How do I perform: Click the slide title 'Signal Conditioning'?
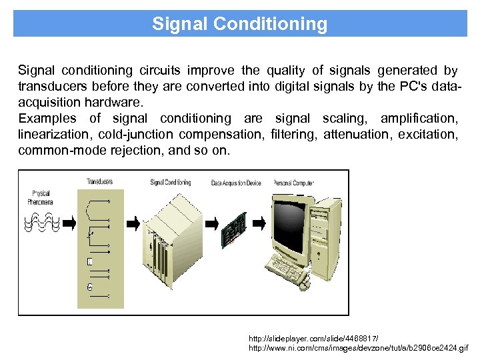coord(240,25)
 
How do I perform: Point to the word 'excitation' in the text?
coord(427,135)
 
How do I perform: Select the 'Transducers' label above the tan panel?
coord(100,181)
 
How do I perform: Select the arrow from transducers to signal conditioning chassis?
coord(133,223)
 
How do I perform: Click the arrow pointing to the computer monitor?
coord(260,223)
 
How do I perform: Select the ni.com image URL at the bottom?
coord(358,349)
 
